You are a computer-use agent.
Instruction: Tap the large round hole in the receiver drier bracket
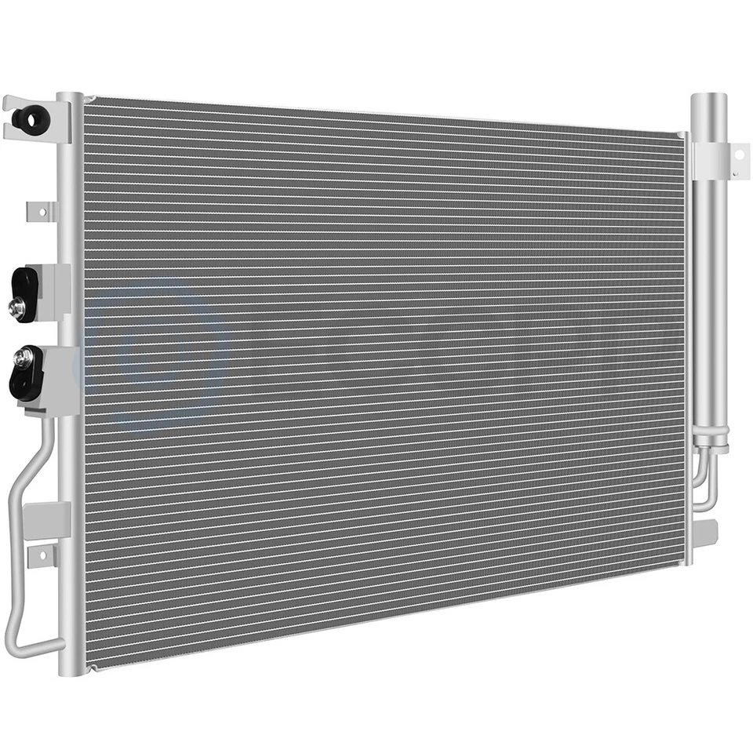737,155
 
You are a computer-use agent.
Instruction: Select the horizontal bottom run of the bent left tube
39,644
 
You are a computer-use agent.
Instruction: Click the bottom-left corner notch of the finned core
91,668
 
